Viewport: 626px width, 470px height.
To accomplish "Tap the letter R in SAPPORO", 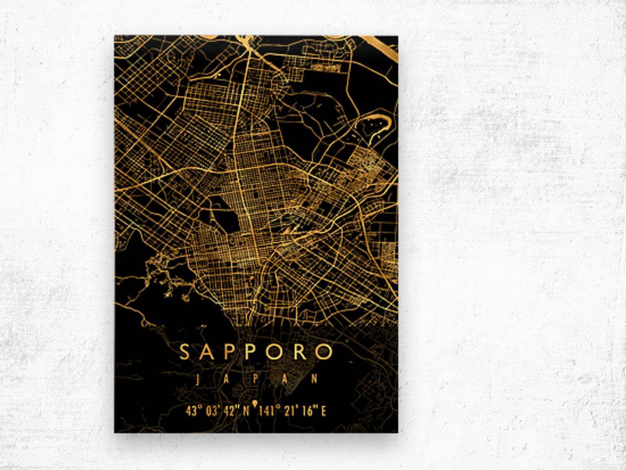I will tap(300, 352).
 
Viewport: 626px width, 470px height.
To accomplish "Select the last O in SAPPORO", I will tap(324, 352).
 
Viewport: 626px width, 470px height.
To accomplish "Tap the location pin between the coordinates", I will tap(255, 404).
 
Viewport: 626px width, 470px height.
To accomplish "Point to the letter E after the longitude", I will tap(323, 411).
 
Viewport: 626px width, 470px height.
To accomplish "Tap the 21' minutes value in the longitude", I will tap(290, 411).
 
